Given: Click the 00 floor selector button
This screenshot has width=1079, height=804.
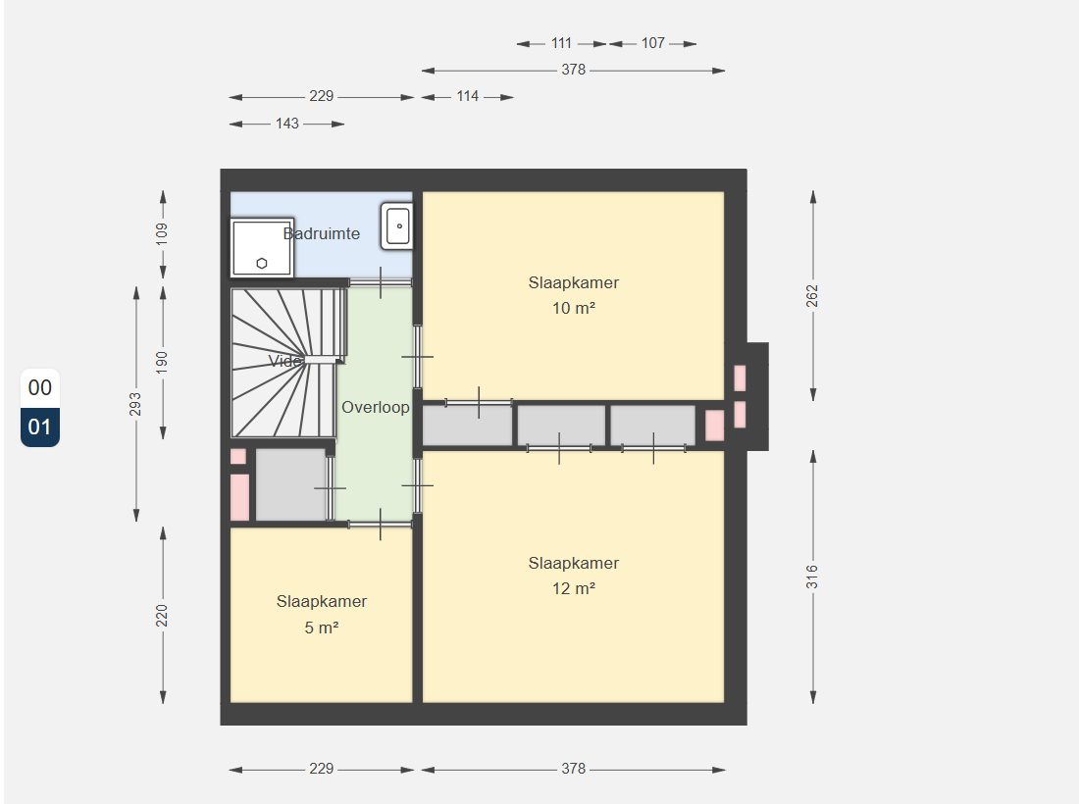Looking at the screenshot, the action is (40, 388).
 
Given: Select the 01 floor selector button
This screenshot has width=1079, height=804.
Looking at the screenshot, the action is (40, 427).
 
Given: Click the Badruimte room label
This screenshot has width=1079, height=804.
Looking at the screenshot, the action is (322, 233).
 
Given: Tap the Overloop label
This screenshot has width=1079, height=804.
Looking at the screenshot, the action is (376, 407).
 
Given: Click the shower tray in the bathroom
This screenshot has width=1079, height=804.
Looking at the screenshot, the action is (262, 248).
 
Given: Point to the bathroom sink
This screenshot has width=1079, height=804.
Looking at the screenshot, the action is (397, 226).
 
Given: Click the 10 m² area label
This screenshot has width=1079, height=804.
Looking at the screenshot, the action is (573, 308).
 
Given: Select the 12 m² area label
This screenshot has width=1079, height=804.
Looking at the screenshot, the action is (573, 588).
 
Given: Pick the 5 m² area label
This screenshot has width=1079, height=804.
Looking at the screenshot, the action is (322, 628).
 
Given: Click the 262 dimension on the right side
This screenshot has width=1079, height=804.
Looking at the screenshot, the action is (813, 296).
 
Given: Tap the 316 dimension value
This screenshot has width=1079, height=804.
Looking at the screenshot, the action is (813, 578).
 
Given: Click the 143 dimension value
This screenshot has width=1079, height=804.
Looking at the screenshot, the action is (287, 124).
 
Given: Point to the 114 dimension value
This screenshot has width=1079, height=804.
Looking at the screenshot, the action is (467, 97).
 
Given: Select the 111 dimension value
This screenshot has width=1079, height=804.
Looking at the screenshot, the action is (561, 43).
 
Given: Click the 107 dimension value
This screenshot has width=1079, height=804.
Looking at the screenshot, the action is (653, 43).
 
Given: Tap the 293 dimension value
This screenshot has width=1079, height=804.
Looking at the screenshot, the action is (135, 404).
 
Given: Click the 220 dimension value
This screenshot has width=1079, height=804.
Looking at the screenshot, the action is (162, 616).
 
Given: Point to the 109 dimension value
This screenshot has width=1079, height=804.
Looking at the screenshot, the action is (162, 233).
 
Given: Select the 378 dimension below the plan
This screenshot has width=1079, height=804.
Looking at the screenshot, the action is (573, 769).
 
